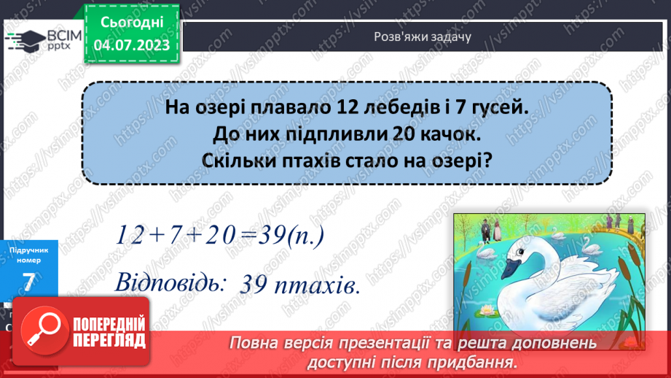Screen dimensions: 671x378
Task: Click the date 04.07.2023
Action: tap(132, 45)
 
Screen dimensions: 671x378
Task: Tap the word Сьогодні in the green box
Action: tap(132, 23)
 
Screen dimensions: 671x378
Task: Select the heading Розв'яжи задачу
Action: tap(423, 37)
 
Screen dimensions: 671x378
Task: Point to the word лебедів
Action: tap(401, 107)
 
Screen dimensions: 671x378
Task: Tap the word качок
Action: tap(447, 134)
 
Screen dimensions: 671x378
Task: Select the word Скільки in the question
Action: tap(239, 161)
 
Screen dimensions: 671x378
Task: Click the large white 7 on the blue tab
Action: tap(28, 283)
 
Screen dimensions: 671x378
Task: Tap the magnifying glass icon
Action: tap(44, 330)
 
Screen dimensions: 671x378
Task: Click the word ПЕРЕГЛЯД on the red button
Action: tap(109, 341)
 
